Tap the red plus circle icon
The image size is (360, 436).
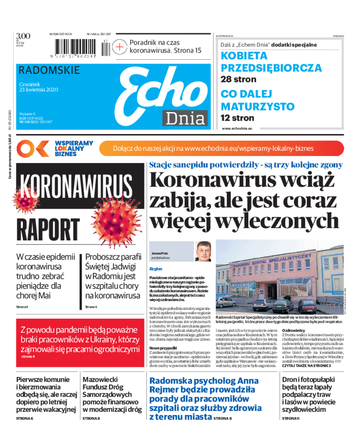120,46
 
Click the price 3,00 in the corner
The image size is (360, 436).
23,36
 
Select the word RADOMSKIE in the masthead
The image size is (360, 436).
49,70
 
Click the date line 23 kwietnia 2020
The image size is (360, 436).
38,89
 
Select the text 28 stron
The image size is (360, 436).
238,79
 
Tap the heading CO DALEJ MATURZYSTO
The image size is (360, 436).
257,101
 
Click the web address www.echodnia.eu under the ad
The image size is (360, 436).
237,128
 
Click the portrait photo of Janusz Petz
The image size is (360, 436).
203,251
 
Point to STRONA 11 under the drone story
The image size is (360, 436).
290,418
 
